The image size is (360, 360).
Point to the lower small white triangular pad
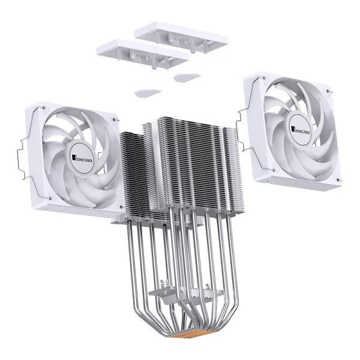click(x=147, y=92)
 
